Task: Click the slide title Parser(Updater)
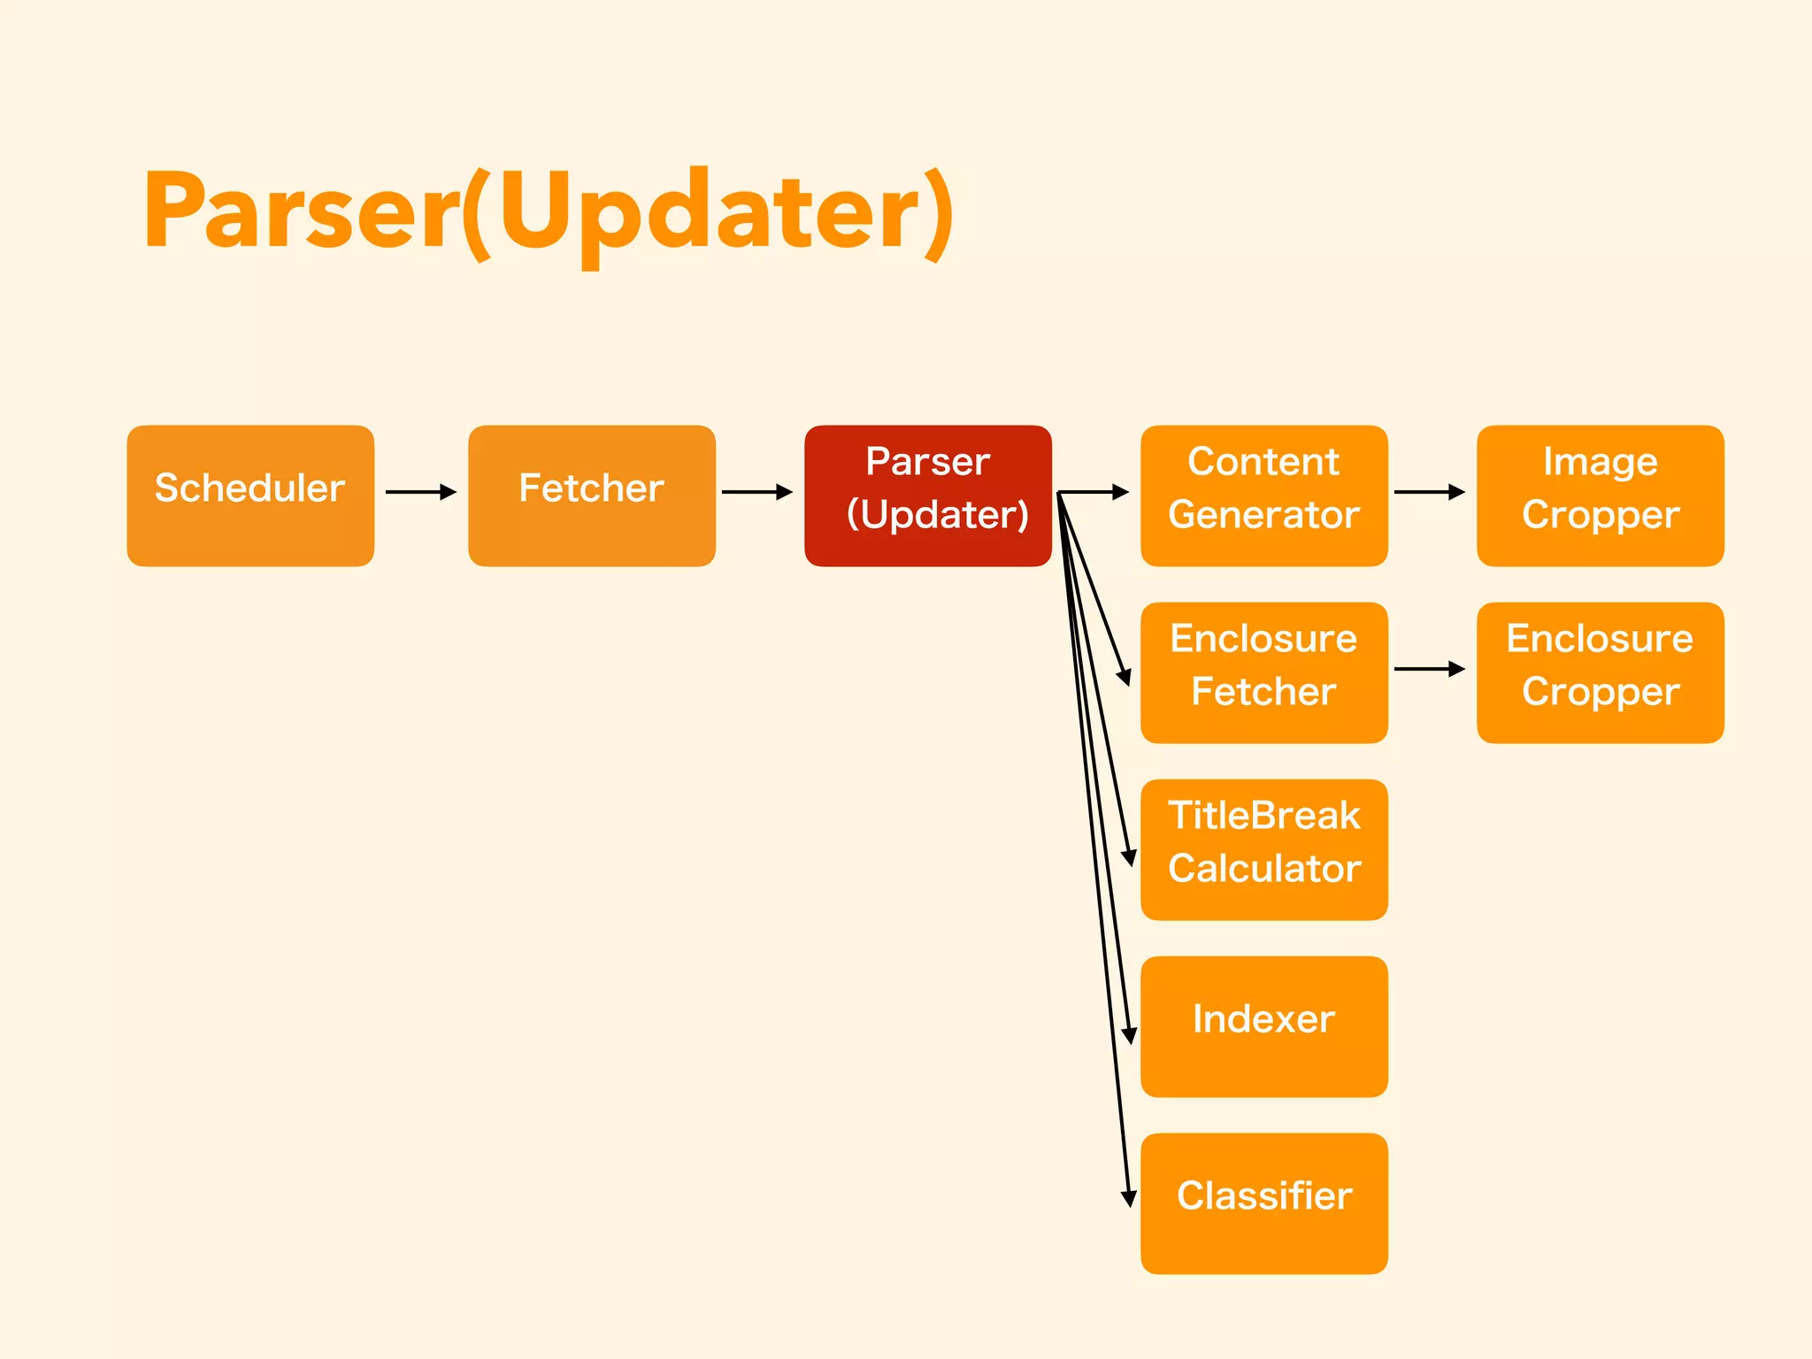[549, 212]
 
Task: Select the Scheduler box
[250, 495]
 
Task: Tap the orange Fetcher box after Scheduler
[591, 495]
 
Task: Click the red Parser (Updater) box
[927, 495]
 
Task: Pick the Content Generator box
[1263, 495]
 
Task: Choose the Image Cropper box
[1600, 495]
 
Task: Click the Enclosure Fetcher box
[1263, 672]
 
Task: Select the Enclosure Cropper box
[1600, 672]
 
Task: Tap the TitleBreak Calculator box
[1263, 849]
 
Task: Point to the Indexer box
[1263, 1026]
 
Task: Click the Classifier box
[1263, 1203]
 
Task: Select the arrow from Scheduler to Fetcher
[421, 492]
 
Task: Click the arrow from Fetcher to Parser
[757, 492]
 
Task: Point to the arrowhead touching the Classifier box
[1128, 1198]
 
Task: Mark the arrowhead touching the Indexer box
[1128, 1034]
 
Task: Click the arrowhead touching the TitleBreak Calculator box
[1128, 857]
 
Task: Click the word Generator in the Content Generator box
[1263, 515]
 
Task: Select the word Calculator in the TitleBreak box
[1263, 869]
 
